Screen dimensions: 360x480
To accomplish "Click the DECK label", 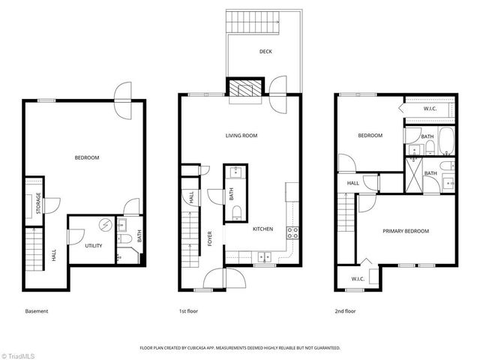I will [265, 52].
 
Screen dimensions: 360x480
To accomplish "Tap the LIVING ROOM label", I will [241, 136].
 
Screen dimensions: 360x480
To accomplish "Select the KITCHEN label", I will [262, 229].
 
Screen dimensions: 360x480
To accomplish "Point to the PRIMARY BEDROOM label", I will [406, 231].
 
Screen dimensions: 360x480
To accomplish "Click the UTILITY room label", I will [93, 245].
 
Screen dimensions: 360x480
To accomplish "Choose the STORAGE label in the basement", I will [38, 204].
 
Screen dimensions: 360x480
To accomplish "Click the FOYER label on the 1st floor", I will [210, 238].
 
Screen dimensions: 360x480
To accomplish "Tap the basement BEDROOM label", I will [86, 157].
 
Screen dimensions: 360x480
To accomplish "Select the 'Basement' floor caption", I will [36, 310].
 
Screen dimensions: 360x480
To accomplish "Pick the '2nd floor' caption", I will [346, 310].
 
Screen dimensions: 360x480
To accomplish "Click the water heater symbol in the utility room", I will [106, 225].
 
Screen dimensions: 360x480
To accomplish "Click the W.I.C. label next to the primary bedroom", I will [356, 279].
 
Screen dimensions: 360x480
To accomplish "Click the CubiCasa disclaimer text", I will [240, 348].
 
